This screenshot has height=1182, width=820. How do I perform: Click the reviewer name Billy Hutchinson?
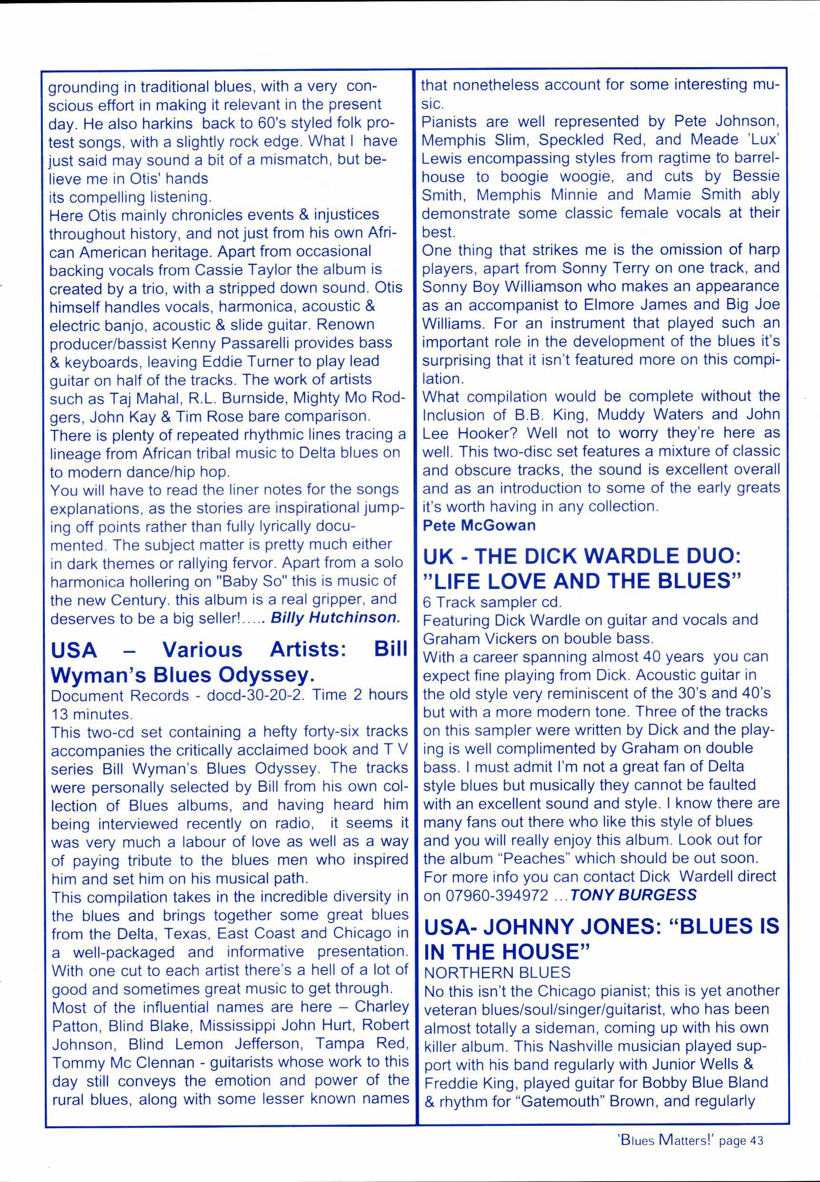click(x=334, y=617)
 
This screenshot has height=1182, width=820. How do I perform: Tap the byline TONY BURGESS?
click(x=633, y=895)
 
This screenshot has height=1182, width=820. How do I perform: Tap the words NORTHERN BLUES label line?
click(x=496, y=972)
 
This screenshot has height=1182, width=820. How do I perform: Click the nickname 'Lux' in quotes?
click(x=764, y=139)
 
